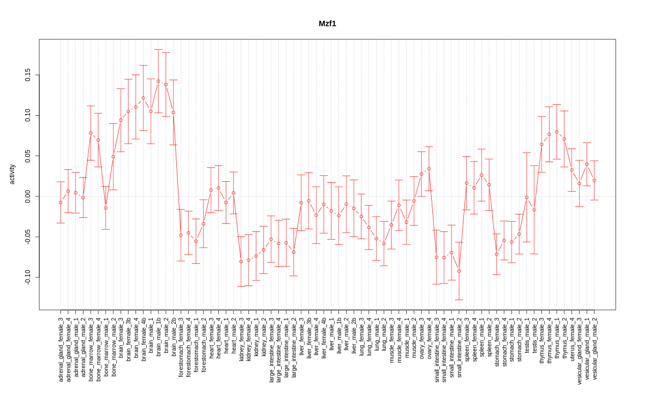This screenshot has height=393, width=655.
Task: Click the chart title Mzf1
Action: (327, 24)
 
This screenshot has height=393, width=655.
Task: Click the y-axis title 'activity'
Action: (13, 175)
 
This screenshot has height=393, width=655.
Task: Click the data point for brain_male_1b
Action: (158, 81)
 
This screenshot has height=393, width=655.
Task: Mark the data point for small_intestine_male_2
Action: (459, 271)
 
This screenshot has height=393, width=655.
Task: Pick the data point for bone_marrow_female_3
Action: (91, 133)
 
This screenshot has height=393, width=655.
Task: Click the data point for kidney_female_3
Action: (241, 261)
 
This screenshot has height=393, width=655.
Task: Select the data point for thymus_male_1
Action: (557, 132)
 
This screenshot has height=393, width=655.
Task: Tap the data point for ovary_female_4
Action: (429, 169)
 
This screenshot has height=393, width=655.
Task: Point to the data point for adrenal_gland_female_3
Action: (61, 203)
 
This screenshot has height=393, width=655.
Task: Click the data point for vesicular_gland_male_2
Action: (594, 181)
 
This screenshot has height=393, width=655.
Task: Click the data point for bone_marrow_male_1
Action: (106, 208)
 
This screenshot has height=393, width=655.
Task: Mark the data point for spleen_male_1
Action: (481, 175)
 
